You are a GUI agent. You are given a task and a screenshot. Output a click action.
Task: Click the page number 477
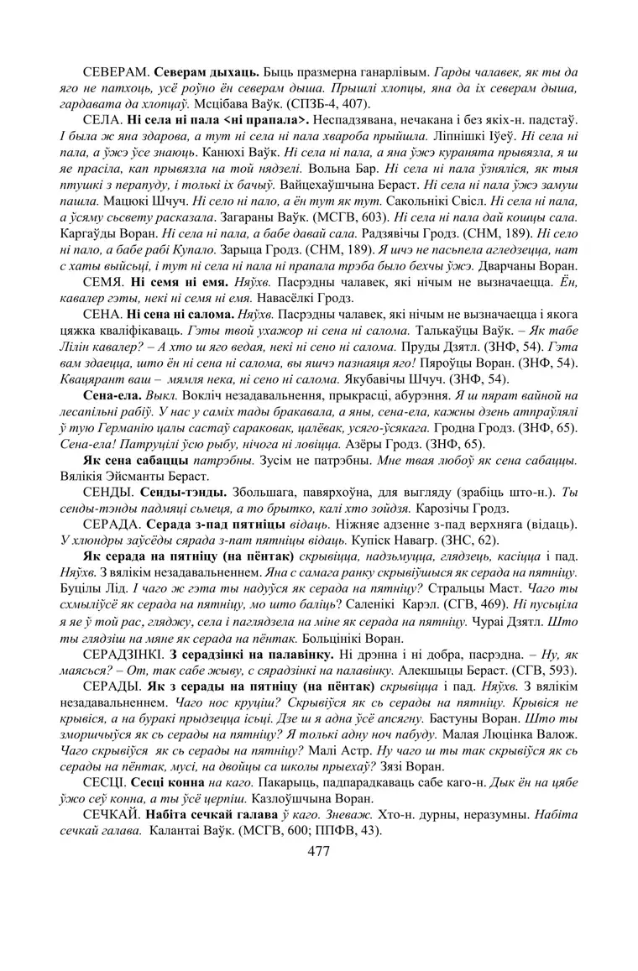coord(318,851)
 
